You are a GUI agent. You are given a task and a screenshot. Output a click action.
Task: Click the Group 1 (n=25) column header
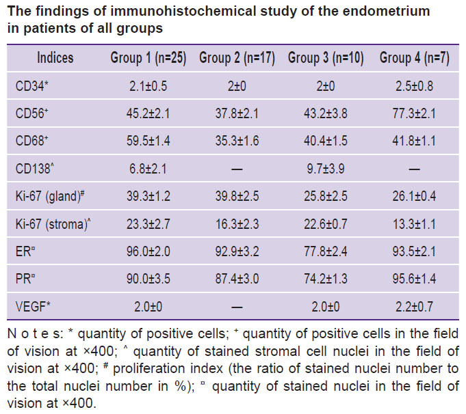(x=148, y=58)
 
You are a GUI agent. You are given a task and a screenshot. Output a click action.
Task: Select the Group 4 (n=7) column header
(x=414, y=58)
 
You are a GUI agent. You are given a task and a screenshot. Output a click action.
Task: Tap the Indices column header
(x=55, y=57)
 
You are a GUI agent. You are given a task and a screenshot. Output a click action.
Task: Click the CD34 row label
(x=31, y=86)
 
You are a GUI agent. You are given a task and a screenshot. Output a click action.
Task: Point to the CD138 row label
(x=35, y=169)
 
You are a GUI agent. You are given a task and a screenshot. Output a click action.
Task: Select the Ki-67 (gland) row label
(x=50, y=196)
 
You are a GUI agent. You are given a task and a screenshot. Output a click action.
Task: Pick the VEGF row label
(x=33, y=306)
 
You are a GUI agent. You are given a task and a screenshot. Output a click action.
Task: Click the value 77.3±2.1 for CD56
(x=414, y=113)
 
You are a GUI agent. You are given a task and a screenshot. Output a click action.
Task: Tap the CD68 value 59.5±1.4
(x=148, y=141)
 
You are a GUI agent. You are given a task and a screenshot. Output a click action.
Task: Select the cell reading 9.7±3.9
(x=326, y=169)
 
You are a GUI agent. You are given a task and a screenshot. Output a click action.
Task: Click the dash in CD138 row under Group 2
(x=237, y=169)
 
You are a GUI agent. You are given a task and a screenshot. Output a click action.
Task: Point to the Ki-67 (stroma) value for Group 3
(x=326, y=224)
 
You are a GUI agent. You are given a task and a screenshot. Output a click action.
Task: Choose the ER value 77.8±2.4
(x=326, y=251)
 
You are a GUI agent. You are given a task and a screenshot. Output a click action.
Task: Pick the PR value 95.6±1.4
(x=414, y=279)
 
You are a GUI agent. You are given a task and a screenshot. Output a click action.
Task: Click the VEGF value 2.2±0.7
(x=414, y=306)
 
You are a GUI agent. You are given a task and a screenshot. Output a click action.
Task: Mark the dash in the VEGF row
(x=237, y=307)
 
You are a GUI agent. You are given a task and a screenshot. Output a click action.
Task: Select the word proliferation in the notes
(x=168, y=369)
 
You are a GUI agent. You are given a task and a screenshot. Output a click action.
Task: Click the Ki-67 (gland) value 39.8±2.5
(x=237, y=196)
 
